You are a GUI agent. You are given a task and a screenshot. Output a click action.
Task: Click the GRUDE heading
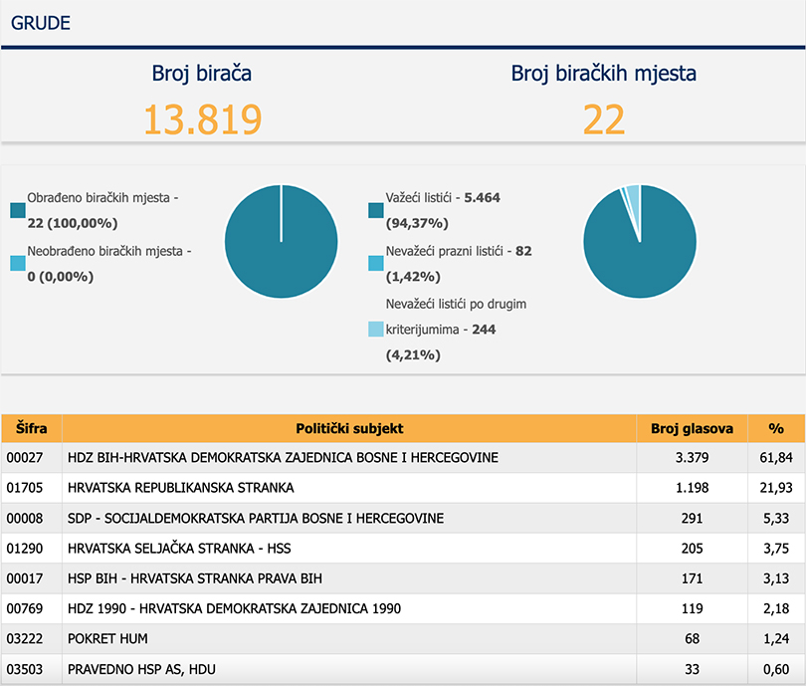click(x=41, y=23)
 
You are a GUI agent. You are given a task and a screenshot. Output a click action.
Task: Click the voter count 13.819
click(x=203, y=119)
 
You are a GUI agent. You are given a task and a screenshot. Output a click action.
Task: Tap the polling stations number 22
click(x=603, y=119)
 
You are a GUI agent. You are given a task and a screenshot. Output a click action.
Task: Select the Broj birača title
click(x=201, y=73)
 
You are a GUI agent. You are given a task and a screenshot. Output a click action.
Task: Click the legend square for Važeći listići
click(x=376, y=210)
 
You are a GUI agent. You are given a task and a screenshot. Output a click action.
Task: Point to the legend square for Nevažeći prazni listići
click(x=376, y=263)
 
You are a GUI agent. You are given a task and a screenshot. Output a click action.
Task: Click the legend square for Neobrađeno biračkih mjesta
click(x=18, y=263)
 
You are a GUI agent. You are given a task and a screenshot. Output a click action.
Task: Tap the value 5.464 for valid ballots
click(x=482, y=197)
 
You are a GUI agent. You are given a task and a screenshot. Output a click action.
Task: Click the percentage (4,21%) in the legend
click(x=413, y=354)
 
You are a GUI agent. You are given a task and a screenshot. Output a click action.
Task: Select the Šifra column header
click(x=32, y=428)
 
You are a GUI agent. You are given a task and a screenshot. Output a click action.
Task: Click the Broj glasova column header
click(x=692, y=428)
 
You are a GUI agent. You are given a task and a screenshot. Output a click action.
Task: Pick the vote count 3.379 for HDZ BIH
click(x=692, y=457)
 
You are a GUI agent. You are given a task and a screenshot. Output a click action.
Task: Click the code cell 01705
click(x=25, y=488)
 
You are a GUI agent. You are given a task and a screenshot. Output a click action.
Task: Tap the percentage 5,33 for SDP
click(x=776, y=518)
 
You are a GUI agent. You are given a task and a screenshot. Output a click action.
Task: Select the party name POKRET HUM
click(x=107, y=638)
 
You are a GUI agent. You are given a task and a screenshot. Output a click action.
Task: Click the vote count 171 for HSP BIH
click(x=692, y=578)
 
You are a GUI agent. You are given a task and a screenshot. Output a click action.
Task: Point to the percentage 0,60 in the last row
click(x=776, y=669)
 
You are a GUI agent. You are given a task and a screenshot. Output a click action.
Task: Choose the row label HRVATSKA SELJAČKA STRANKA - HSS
click(x=179, y=549)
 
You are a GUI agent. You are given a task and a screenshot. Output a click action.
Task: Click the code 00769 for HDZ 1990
click(x=25, y=608)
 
